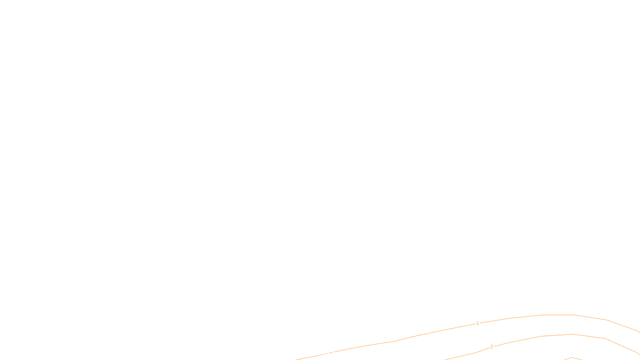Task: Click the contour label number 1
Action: coord(478,323)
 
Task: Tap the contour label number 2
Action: coord(492,347)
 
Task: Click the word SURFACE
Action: coord(320,354)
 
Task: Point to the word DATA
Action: coord(338,354)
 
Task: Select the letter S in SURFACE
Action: coord(312,354)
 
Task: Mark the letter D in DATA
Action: coord(334,354)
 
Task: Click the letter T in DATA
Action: coord(340,354)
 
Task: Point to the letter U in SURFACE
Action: coord(314,354)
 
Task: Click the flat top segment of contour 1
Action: coord(558,315)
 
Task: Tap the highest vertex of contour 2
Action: coord(573,334)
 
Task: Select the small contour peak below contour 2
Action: coord(572,358)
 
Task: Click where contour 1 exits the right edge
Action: coord(639,332)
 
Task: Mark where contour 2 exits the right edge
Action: coord(639,354)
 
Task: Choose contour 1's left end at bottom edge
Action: coord(297,359)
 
